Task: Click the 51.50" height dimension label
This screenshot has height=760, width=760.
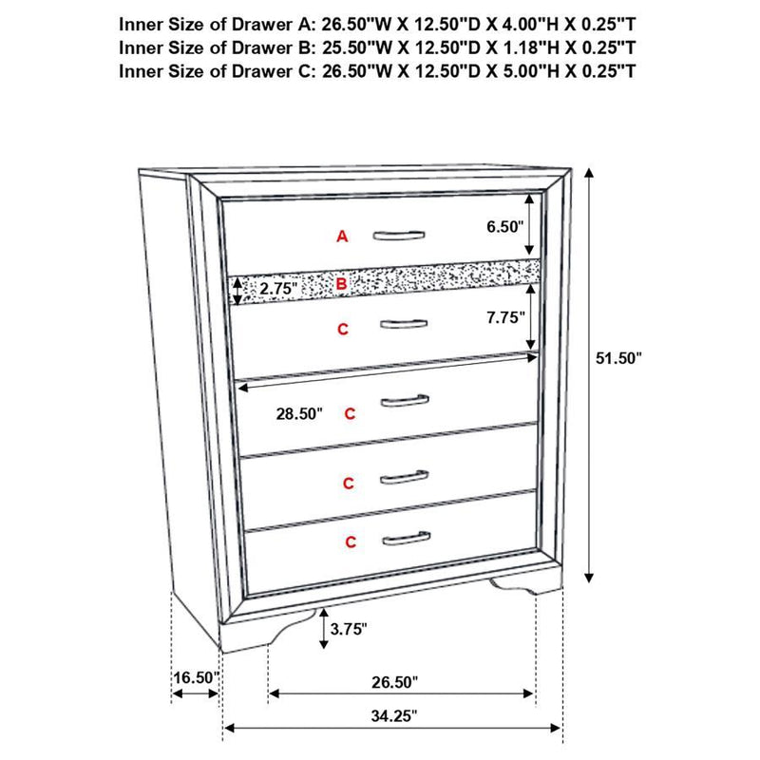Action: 620,358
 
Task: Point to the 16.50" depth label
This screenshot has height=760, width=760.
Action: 196,678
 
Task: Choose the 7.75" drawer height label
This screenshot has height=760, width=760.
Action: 503,319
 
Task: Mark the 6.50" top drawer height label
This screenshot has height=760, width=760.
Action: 503,227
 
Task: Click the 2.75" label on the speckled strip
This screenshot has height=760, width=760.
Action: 278,287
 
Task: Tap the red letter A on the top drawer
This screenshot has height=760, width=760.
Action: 342,237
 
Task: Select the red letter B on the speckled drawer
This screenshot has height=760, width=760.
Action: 342,283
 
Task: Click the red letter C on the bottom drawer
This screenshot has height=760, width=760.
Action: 351,542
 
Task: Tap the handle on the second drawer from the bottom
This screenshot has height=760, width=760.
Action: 404,477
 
